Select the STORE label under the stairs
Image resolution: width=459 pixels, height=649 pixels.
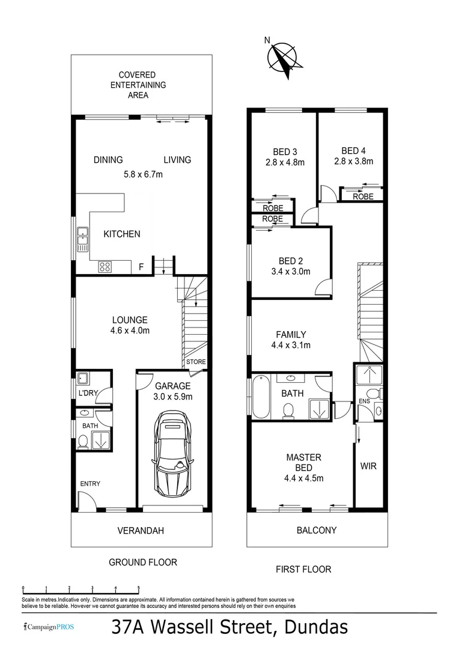click(196, 362)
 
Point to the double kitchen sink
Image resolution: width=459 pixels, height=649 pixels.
click(82, 239)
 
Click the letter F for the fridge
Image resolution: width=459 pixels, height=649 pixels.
click(141, 267)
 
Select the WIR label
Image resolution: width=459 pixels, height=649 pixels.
click(368, 466)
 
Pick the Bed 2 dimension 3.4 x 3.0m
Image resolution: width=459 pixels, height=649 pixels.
click(291, 271)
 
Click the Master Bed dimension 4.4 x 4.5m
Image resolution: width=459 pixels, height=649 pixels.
click(303, 478)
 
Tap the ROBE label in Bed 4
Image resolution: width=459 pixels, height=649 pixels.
click(363, 197)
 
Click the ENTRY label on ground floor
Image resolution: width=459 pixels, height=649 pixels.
click(90, 484)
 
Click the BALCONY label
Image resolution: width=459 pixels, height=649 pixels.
click(317, 530)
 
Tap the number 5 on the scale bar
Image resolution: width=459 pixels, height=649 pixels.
click(139, 588)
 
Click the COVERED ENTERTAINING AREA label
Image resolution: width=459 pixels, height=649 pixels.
click(138, 85)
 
